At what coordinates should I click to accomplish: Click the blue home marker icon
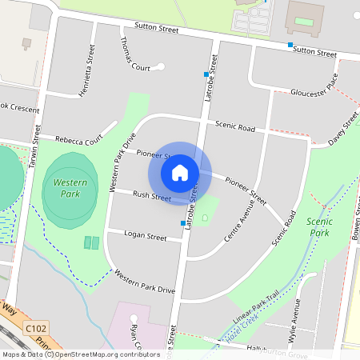click(180, 172)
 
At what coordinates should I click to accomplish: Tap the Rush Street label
click(151, 195)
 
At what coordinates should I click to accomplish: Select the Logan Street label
click(146, 237)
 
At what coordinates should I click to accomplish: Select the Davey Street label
click(343, 130)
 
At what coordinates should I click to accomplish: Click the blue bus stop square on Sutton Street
click(290, 45)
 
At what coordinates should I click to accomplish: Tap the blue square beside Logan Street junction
click(183, 223)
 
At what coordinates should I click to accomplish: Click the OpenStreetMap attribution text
click(80, 354)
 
